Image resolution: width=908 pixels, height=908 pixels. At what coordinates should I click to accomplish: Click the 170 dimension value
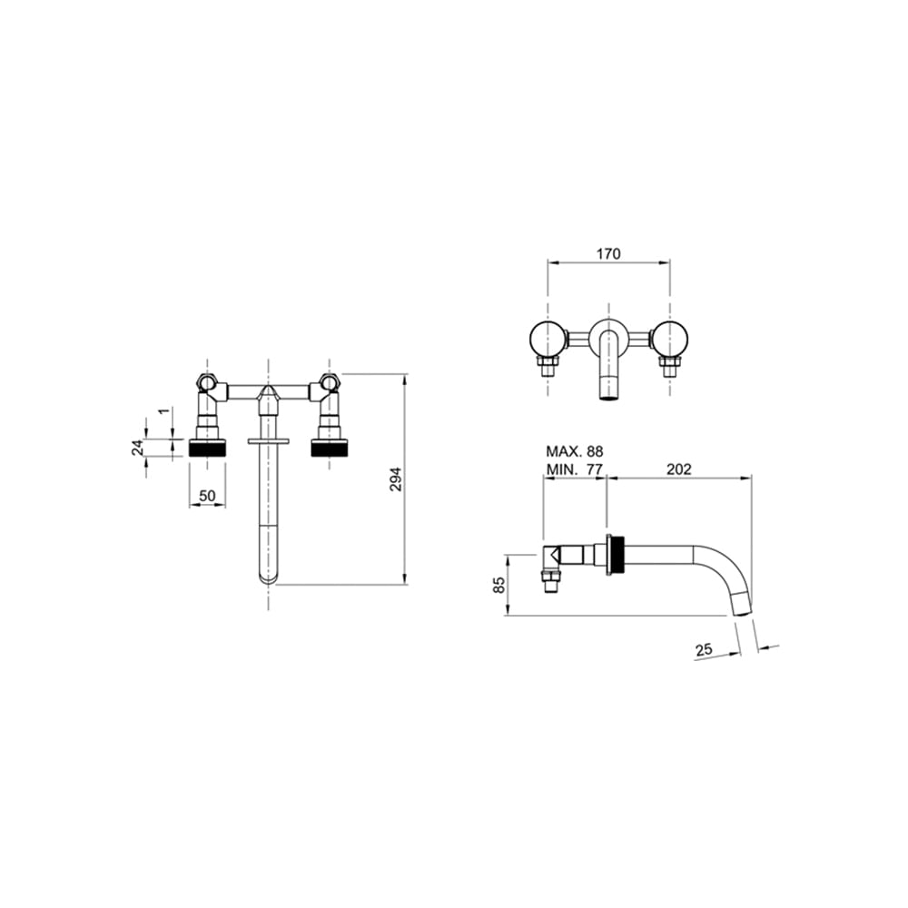[608, 253]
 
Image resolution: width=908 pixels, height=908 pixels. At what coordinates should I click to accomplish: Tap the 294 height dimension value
[395, 479]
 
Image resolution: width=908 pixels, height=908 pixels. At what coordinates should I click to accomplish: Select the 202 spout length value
[678, 469]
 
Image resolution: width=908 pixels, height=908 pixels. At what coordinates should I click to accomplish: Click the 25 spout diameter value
[705, 650]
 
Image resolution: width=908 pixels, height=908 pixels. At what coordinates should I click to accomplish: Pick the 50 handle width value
[207, 497]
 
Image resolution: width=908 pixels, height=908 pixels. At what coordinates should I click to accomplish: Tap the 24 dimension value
[137, 448]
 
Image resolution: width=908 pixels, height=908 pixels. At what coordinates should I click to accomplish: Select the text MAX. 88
[575, 451]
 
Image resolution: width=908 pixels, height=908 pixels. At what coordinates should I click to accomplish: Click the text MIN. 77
[575, 469]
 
